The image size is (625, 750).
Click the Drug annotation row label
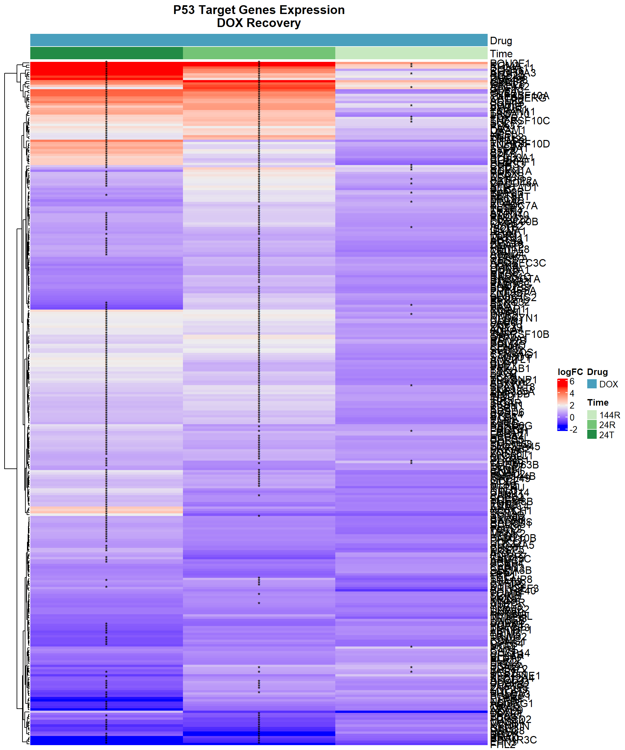(501, 41)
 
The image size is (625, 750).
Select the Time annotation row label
(501, 54)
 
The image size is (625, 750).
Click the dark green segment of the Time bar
(106, 53)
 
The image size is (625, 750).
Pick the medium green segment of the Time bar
(259, 53)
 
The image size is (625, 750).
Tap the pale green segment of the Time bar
(411, 53)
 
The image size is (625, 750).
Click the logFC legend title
(570, 372)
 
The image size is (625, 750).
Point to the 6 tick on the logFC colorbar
(572, 382)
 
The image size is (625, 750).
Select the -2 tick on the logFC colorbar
(573, 430)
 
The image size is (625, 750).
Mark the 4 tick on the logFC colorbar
(572, 394)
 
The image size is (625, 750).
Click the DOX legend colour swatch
(592, 384)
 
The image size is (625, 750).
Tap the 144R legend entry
(610, 415)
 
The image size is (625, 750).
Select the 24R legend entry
(607, 425)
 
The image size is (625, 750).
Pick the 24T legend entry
(607, 435)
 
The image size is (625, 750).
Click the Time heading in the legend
(598, 402)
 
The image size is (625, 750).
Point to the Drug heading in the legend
(597, 372)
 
